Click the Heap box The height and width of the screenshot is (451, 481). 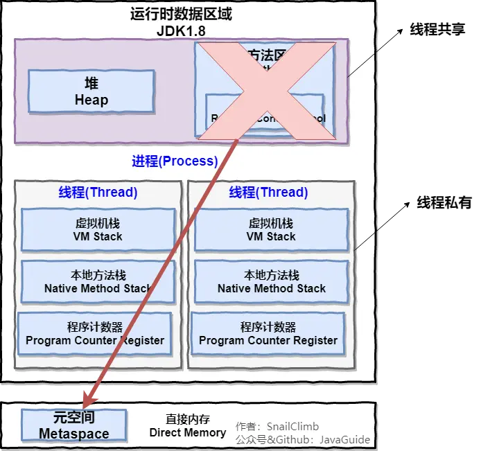tap(91, 91)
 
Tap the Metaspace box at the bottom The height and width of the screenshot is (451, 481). tap(73, 425)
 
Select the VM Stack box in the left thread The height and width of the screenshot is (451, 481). tap(98, 230)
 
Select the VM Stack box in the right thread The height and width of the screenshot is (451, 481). tap(271, 230)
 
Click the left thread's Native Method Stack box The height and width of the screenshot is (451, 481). tap(98, 282)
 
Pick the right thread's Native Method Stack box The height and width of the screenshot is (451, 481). tap(271, 282)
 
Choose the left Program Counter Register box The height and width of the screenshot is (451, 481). tap(95, 333)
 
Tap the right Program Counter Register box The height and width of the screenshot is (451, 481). tap(268, 333)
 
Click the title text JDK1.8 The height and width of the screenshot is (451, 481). tap(181, 30)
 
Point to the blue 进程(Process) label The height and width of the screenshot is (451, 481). tap(175, 161)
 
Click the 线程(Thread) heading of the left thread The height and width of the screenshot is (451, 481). tap(98, 192)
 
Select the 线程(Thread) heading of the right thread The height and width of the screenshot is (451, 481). tap(268, 192)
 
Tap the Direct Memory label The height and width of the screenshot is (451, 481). tap(188, 432)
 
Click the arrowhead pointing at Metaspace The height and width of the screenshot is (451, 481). tap(88, 399)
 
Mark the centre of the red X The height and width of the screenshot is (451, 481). tap(265, 91)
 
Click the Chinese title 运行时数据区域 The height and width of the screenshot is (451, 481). tap(181, 14)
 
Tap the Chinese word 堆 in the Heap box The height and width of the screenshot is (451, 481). tap(91, 83)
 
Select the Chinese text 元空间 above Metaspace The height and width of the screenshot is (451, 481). tap(73, 418)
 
